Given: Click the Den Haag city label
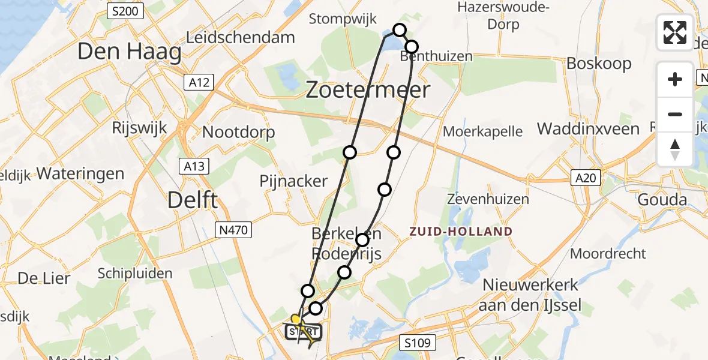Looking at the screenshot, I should pos(130,53).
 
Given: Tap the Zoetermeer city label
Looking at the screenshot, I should pos(368,90).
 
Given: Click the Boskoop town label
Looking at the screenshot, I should pos(599,64).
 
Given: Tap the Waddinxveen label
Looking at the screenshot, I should pos(588,128).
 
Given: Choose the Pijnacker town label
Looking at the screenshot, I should pos(293,181).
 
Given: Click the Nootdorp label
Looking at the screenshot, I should pos(239,132).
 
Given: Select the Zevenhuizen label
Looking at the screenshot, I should pos(488,199).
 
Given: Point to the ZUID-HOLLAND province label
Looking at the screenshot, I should pos(461,232).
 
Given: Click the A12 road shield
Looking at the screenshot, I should pos(199,83).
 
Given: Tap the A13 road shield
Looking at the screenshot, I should pos(193,166).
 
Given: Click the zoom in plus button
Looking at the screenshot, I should pos(675,79).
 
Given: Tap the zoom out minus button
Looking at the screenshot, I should pos(675,114).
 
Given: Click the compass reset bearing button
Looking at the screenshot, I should pos(675,149).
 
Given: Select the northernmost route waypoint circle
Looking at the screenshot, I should pos(399,29).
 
